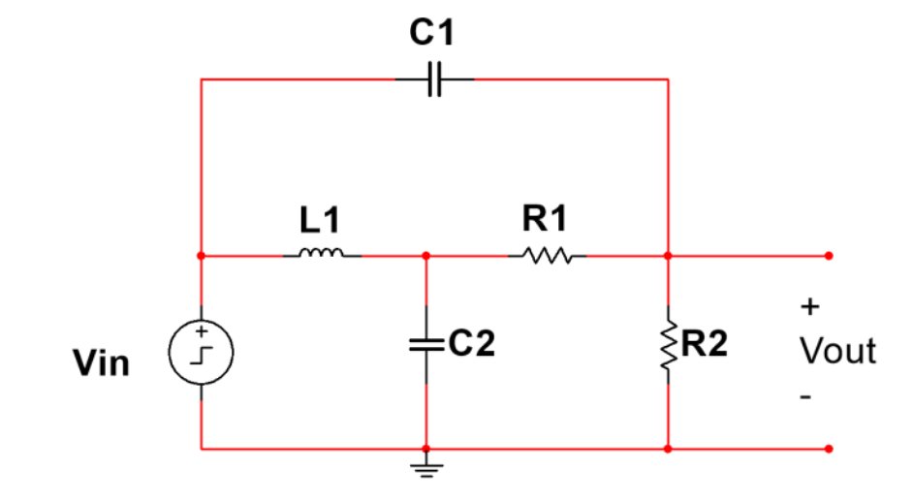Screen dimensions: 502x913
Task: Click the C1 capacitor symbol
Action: point(435,79)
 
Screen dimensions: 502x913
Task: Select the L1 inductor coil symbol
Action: point(322,255)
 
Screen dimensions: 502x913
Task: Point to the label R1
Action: point(545,220)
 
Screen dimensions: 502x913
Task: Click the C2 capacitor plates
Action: point(425,344)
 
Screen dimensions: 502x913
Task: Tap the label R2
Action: point(706,345)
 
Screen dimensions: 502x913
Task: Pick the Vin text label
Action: point(101,363)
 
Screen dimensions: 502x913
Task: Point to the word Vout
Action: point(837,350)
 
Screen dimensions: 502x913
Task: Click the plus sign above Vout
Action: point(809,307)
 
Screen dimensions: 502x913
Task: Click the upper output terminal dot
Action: point(829,256)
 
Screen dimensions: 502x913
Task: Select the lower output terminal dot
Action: point(829,449)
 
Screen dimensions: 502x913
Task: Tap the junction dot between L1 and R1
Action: point(425,256)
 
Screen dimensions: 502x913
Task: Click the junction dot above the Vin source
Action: point(201,256)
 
